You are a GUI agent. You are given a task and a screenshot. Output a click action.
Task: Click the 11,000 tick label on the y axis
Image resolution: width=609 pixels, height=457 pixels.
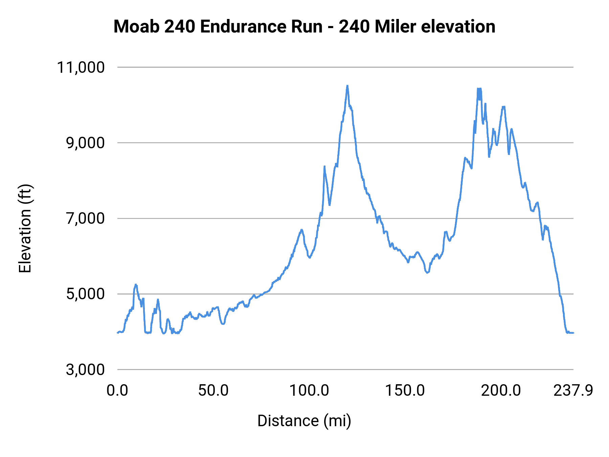tap(81, 67)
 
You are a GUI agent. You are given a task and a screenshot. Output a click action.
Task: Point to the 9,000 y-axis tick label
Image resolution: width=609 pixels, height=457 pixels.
tap(85, 143)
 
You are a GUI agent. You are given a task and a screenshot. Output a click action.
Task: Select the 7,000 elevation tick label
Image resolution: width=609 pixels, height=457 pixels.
tap(85, 218)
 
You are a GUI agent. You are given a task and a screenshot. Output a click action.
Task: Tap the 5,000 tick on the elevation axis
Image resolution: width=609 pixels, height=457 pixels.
tap(85, 294)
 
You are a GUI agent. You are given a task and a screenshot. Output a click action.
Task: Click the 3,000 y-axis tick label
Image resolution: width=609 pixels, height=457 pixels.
tap(85, 369)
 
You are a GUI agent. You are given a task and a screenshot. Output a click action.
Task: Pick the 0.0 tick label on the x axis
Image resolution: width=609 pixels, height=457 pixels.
tap(117, 391)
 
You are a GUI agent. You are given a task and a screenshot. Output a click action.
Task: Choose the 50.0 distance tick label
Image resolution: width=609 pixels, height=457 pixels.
tap(213, 391)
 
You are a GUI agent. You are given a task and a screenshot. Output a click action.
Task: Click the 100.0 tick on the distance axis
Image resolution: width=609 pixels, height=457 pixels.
tap(309, 391)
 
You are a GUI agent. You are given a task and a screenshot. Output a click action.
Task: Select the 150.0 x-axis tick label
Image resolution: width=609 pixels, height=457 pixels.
tap(405, 391)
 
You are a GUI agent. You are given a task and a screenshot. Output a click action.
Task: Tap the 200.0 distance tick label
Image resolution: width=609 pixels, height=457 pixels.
tap(501, 391)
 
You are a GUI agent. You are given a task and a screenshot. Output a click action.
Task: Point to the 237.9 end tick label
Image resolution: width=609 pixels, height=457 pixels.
tap(573, 391)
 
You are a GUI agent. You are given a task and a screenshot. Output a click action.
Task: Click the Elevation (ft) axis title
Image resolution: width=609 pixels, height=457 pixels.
tap(25, 228)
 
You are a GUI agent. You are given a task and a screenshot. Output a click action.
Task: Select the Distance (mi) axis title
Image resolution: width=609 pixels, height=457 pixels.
tap(304, 421)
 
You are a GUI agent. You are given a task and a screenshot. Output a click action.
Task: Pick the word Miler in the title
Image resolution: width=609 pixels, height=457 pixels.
tap(395, 26)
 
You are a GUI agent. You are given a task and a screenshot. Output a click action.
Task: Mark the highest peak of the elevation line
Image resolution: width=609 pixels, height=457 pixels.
tap(347, 86)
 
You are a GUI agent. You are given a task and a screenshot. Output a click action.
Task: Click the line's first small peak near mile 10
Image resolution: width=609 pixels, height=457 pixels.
tap(136, 285)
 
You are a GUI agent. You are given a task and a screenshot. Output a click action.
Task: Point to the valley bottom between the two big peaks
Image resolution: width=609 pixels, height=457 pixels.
tap(428, 272)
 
